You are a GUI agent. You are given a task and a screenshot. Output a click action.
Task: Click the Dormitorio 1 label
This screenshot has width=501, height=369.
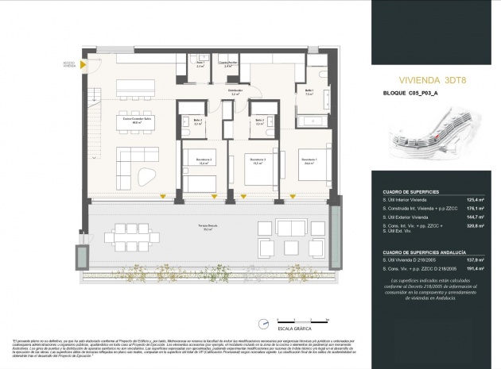(308, 161)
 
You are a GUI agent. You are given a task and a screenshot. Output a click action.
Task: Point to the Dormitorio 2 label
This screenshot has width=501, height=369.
(199, 161)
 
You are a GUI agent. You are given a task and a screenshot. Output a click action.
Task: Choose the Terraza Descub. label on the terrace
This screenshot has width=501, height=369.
(209, 229)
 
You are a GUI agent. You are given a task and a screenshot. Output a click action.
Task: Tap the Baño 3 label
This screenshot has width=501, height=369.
(258, 121)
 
